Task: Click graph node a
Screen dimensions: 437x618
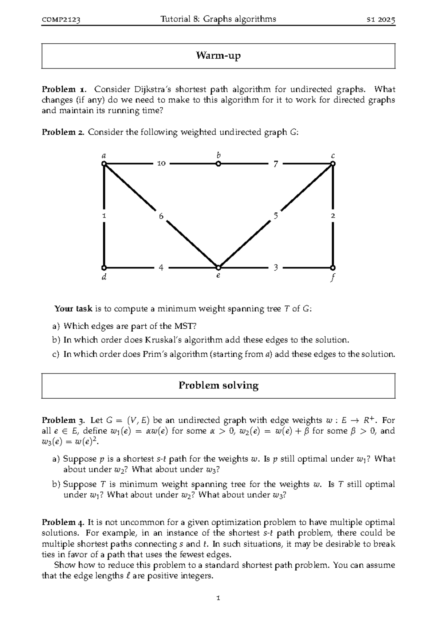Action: coord(104,164)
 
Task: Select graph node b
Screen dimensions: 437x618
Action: coord(218,164)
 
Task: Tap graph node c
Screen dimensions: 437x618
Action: coord(332,164)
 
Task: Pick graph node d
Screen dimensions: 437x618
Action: coord(104,267)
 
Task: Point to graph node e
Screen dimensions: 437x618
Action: coord(218,267)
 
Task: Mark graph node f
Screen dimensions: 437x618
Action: coord(332,267)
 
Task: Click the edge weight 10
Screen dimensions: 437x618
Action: coord(161,164)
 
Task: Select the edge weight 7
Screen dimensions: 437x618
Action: coord(276,164)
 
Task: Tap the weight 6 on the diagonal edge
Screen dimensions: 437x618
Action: coord(161,216)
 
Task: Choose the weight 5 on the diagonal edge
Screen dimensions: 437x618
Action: coord(276,216)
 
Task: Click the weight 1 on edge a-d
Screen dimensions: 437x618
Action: coord(104,216)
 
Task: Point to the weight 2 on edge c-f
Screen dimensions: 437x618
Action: coord(332,216)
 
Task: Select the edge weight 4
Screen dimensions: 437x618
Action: coord(161,268)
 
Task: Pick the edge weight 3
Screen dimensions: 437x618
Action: coord(276,268)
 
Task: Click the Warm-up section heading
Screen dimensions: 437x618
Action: coord(218,56)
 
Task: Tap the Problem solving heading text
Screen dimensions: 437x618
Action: coord(218,386)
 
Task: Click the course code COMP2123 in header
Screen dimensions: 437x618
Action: coord(61,20)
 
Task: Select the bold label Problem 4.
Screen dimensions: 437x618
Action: coord(63,523)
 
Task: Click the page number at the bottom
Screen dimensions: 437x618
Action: coord(218,598)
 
